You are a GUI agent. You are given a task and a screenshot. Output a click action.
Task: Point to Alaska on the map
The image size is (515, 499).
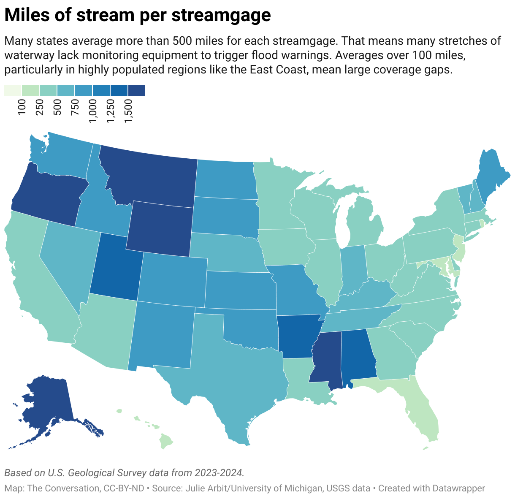click(x=46, y=405)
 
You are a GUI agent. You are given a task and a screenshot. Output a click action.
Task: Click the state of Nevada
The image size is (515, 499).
click(x=68, y=258)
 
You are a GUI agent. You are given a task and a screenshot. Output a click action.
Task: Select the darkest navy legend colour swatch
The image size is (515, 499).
click(x=136, y=91)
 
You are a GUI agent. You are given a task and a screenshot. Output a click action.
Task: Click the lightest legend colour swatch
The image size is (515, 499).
click(x=13, y=91)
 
